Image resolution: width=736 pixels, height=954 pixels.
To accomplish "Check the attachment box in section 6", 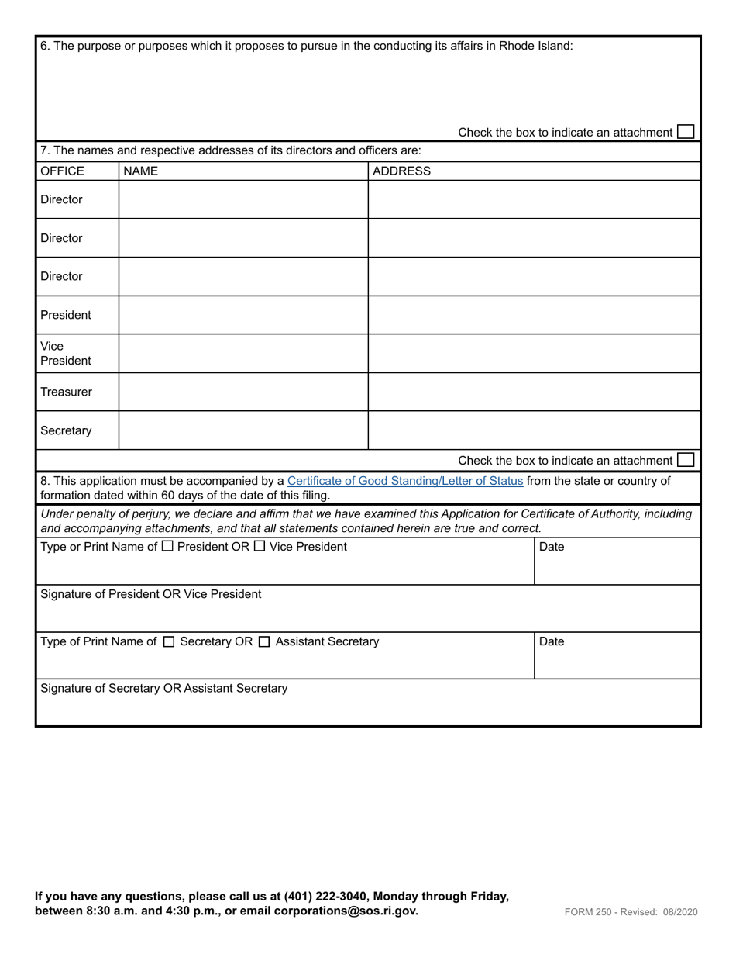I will [686, 132].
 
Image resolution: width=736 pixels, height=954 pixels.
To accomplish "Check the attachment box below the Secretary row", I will [686, 460].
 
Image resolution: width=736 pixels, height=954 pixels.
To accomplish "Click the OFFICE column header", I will [62, 171].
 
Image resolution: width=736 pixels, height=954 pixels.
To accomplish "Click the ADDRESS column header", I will [401, 171].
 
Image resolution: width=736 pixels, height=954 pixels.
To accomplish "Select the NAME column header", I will [140, 171].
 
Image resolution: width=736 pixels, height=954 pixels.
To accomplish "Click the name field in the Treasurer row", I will [242, 392].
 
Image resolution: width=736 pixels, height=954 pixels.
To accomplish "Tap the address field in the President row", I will [533, 315].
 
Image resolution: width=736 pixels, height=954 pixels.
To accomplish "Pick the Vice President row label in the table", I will [65, 353].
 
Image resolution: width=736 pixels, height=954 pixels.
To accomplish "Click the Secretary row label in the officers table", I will [66, 430].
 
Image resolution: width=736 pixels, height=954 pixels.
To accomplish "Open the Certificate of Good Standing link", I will [404, 481].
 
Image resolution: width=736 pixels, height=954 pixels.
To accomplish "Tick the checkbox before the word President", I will [168, 547].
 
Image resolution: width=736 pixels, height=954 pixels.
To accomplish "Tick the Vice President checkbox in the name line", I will [260, 547].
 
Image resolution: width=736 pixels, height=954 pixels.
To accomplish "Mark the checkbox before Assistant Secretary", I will [264, 642].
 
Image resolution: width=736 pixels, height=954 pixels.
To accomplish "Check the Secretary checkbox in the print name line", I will [170, 642].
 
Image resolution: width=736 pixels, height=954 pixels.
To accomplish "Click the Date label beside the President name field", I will [552, 547].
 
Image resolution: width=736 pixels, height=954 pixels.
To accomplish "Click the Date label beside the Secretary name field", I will [552, 641].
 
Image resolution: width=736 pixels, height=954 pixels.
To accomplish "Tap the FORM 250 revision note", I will [631, 912].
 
